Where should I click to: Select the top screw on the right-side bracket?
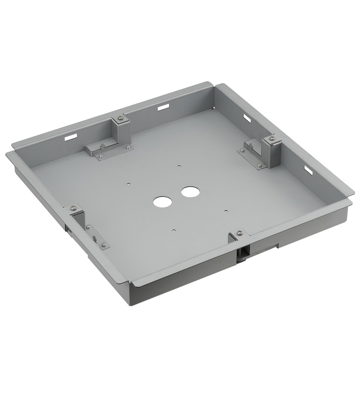(272, 138)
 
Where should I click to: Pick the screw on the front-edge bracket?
(239, 232)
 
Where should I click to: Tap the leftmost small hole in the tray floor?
(128, 184)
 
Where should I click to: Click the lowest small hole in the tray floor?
(173, 230)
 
